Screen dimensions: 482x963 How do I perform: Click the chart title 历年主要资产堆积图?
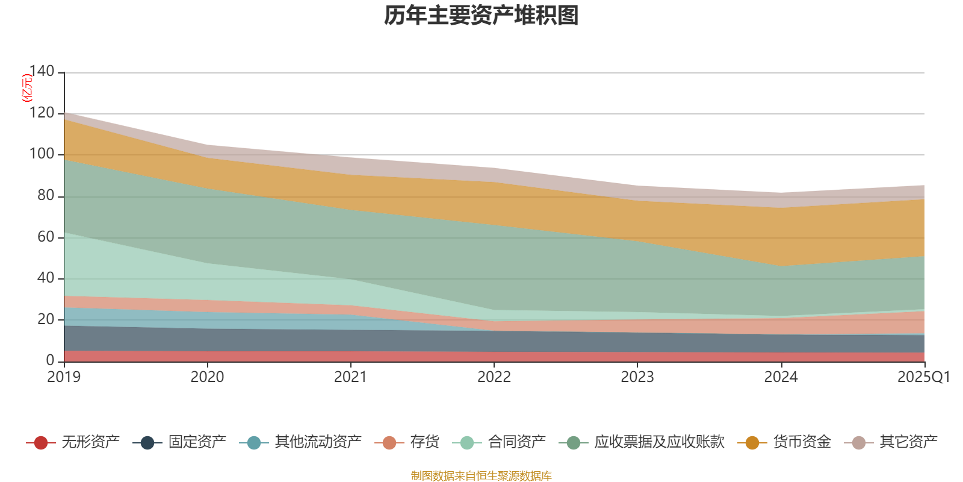click(x=482, y=16)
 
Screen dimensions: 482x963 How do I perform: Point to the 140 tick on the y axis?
click(x=42, y=72)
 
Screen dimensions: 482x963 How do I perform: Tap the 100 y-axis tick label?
click(x=42, y=154)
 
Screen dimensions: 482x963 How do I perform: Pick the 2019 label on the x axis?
click(x=64, y=377)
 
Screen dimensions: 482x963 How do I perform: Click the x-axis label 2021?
click(x=350, y=377)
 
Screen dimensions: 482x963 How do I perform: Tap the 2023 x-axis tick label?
click(x=637, y=377)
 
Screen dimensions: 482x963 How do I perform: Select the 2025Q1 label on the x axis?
click(x=923, y=377)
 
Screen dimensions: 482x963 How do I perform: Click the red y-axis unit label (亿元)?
click(x=26, y=88)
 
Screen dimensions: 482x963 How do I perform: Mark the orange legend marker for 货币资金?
click(x=752, y=443)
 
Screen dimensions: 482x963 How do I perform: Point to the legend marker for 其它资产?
click(x=859, y=443)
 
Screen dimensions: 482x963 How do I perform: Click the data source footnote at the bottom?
click(x=482, y=476)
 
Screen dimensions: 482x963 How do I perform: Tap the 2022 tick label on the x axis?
click(x=494, y=377)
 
